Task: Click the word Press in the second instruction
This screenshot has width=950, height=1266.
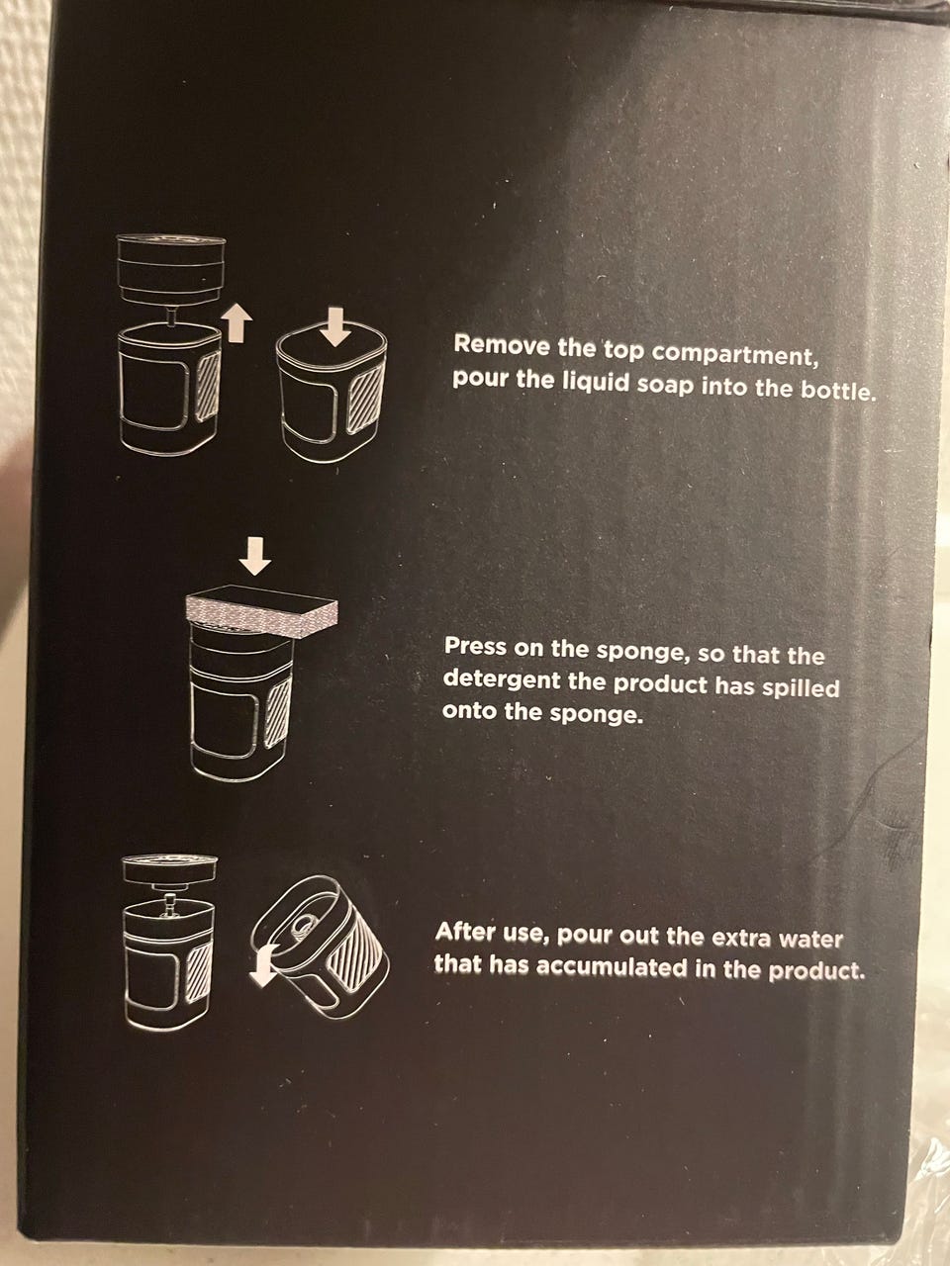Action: (x=475, y=647)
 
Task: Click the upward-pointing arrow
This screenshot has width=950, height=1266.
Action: (x=237, y=324)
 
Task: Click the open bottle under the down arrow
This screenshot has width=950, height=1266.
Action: (x=332, y=398)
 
